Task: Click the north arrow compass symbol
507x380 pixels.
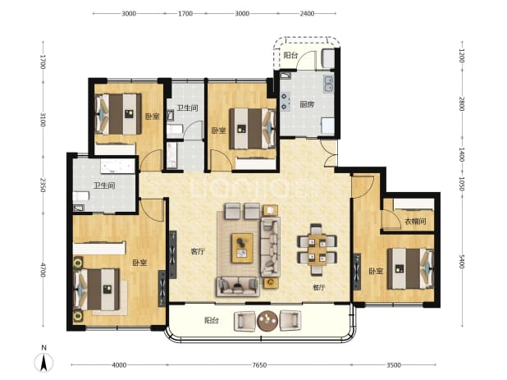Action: [x=44, y=362]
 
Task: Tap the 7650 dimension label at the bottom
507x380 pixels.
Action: [x=259, y=365]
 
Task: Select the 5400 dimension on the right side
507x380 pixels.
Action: [x=462, y=261]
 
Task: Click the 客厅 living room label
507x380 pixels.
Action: [x=197, y=251]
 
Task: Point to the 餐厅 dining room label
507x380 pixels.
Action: [x=319, y=287]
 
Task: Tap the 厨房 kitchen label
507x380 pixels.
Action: [x=307, y=104]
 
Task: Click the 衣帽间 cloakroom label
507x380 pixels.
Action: [x=415, y=222]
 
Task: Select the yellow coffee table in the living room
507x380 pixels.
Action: [x=242, y=248]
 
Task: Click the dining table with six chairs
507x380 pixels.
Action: [x=317, y=250]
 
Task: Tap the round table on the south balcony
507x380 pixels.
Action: [x=267, y=321]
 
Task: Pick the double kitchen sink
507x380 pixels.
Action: [x=329, y=84]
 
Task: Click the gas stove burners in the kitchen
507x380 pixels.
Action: [x=285, y=101]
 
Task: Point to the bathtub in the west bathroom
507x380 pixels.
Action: [x=117, y=166]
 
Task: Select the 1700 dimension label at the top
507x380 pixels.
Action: [x=185, y=14]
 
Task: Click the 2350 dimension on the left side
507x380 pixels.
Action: [x=43, y=185]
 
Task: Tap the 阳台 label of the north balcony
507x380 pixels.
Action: [x=290, y=55]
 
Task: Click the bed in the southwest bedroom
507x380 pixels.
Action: [x=97, y=290]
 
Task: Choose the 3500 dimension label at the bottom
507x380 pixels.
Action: [x=394, y=365]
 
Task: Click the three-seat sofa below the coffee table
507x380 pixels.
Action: [x=238, y=286]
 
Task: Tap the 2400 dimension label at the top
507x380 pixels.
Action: [x=307, y=14]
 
